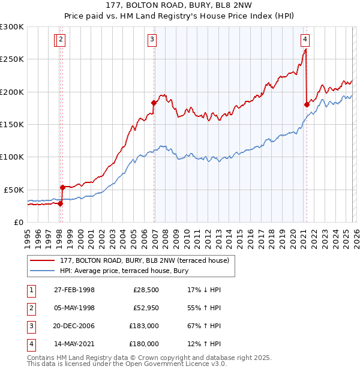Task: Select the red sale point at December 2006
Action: pos(154,103)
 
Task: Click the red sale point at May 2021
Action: pos(307,104)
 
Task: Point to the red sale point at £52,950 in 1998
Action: pos(62,187)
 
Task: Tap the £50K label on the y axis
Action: pos(14,190)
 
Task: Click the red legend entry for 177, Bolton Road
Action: pos(144,261)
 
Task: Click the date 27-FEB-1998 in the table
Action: pos(74,290)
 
